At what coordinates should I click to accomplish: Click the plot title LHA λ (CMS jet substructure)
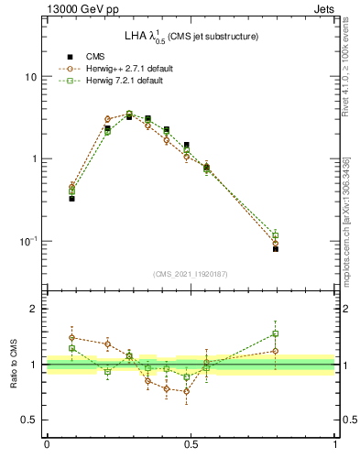pos(191,36)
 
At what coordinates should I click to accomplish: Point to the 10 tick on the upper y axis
pos(30,77)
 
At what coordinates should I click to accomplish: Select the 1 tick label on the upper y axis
pos(33,159)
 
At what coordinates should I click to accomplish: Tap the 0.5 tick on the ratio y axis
pos(27,420)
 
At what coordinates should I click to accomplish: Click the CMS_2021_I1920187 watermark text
pos(191,274)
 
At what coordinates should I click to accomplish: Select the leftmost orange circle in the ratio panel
pos(71,338)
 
